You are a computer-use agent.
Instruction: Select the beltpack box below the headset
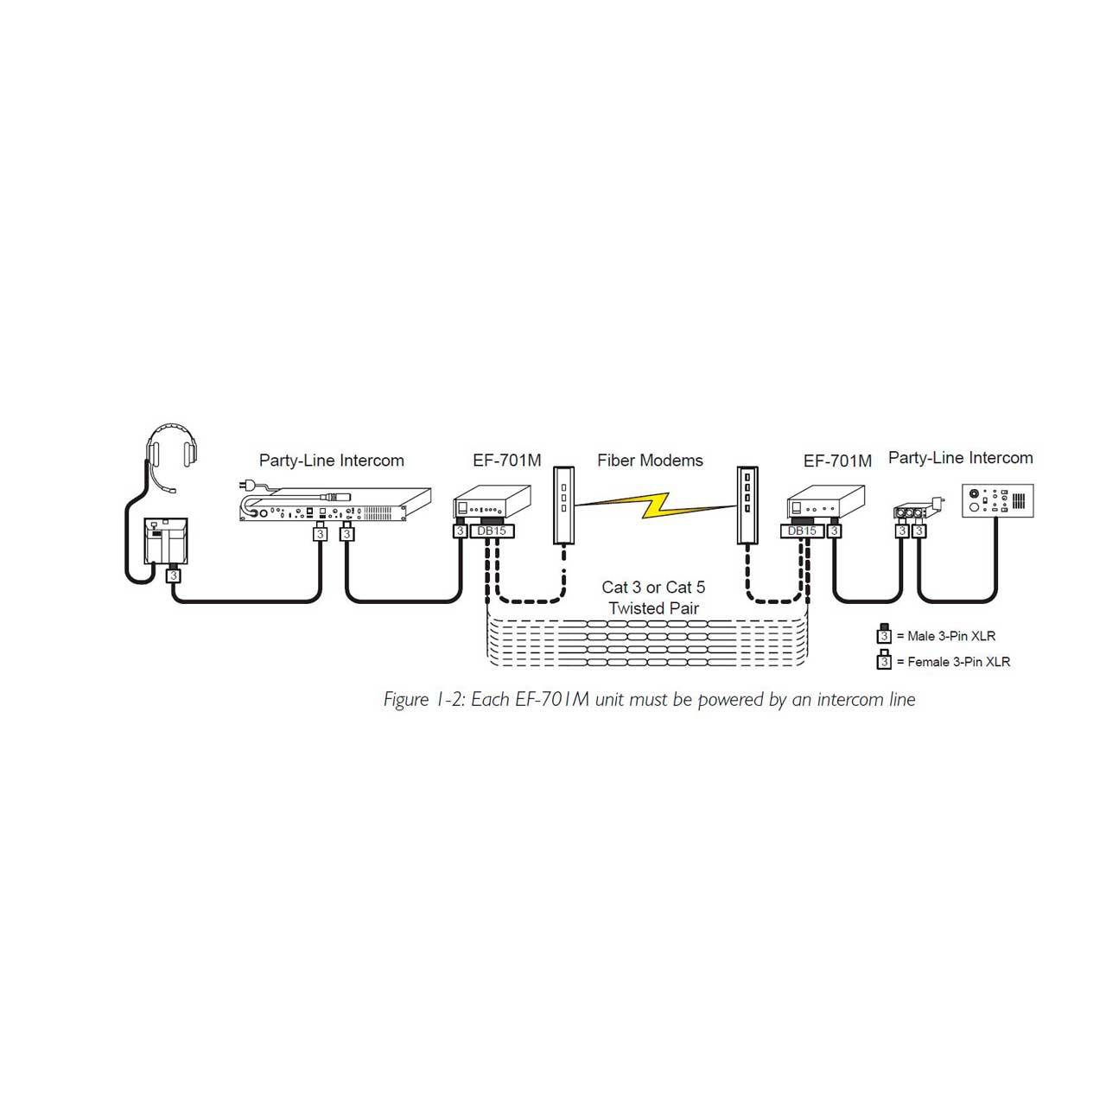(166, 540)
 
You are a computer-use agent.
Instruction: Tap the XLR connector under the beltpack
(174, 574)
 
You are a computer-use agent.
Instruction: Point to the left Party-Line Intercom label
(331, 461)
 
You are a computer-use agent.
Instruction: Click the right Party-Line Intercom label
(960, 457)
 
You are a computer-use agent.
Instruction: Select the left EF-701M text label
(507, 461)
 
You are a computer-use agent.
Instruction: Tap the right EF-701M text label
(837, 461)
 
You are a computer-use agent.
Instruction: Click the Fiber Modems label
(650, 461)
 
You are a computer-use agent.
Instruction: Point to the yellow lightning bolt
(655, 505)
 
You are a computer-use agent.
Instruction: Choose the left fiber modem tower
(563, 505)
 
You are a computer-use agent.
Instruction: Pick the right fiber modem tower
(747, 505)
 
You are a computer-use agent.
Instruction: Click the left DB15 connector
(492, 531)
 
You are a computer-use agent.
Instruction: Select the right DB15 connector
(802, 531)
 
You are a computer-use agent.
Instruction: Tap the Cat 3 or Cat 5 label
(653, 588)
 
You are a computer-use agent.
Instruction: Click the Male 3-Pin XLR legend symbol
(884, 633)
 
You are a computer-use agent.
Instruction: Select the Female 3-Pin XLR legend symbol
(884, 659)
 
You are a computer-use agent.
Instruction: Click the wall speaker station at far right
(997, 500)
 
